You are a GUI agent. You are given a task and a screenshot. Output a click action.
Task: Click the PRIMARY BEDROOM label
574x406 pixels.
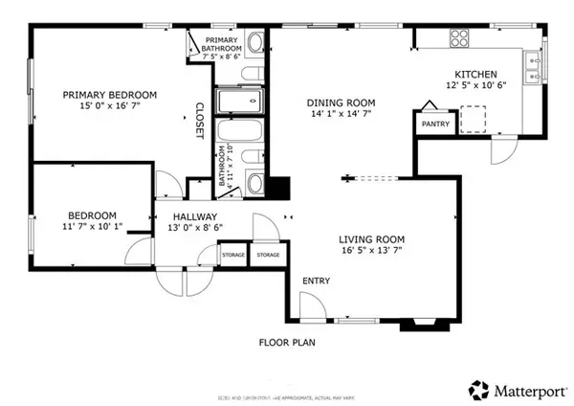pyautogui.click(x=110, y=94)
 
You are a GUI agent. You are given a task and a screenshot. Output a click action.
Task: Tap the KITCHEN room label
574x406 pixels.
pyautogui.click(x=475, y=74)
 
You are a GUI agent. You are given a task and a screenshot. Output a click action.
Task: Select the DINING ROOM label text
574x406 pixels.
pyautogui.click(x=340, y=102)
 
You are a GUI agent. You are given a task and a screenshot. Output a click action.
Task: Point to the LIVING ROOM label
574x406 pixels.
pyautogui.click(x=371, y=239)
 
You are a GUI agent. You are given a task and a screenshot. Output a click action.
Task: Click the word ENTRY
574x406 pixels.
pyautogui.click(x=318, y=281)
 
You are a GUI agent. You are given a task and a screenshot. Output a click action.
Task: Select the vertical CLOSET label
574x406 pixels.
pyautogui.click(x=200, y=121)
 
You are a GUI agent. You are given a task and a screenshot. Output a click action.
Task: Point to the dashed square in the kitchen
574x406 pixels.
pyautogui.click(x=475, y=118)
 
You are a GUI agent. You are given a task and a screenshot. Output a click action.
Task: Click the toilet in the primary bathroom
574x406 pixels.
pyautogui.click(x=255, y=42)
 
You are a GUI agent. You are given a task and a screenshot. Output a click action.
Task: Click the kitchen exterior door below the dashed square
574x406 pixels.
pyautogui.click(x=501, y=148)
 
